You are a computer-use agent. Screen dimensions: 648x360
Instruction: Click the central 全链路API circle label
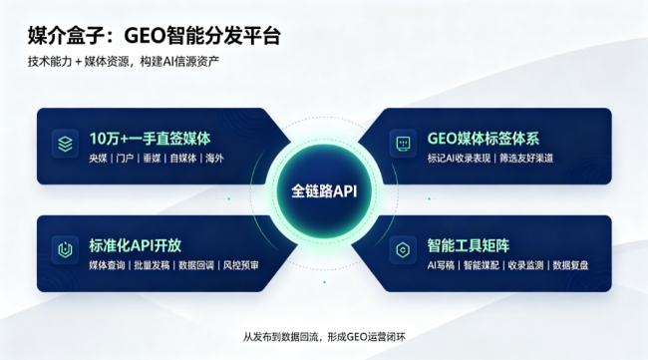324,191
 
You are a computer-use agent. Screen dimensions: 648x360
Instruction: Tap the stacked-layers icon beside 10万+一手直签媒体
65,144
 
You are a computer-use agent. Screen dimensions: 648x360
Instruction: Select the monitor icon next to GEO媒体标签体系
403,144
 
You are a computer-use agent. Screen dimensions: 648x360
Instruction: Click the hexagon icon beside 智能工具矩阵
403,249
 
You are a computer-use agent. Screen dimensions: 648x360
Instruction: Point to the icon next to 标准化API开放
65,249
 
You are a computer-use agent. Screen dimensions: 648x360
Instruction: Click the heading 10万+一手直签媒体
150,139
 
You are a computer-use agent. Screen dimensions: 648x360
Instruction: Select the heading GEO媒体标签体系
484,139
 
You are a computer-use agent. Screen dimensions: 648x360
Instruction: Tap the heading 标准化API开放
136,245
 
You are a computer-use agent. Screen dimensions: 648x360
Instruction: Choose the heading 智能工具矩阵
469,245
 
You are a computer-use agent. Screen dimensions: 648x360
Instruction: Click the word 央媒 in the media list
99,159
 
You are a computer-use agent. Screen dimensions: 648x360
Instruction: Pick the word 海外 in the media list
214,159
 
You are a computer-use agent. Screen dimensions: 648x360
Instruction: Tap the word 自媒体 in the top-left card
183,159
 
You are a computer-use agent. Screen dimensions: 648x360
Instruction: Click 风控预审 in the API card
241,265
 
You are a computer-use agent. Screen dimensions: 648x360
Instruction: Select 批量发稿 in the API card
152,265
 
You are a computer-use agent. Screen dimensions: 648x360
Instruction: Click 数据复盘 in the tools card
570,265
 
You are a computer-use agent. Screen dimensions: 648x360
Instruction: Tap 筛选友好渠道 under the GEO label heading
526,159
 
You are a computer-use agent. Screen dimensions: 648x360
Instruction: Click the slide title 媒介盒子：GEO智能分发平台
155,35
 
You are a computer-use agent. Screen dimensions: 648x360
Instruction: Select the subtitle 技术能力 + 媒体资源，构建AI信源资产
124,62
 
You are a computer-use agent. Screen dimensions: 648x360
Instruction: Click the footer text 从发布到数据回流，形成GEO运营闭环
324,337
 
